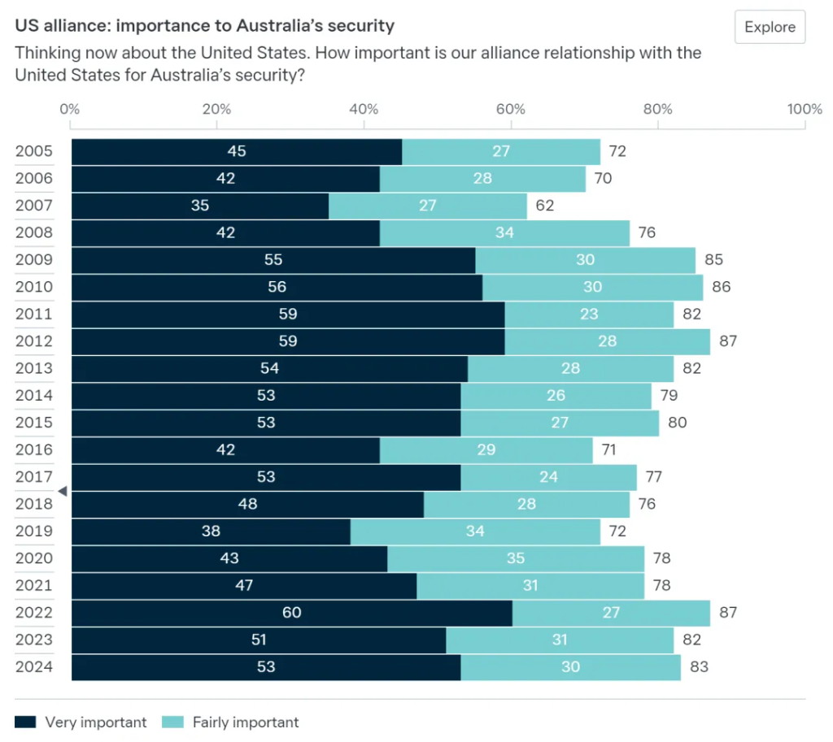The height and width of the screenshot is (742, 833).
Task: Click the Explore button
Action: [x=770, y=27]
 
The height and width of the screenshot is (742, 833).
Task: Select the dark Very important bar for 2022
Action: [x=292, y=613]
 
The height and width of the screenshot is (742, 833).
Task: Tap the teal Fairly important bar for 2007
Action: [x=428, y=206]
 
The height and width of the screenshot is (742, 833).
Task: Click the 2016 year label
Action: [x=34, y=450]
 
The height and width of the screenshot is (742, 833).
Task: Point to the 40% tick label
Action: [x=364, y=110]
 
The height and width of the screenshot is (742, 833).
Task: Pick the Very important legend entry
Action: [x=81, y=722]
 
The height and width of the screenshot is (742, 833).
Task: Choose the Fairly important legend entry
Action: [x=230, y=722]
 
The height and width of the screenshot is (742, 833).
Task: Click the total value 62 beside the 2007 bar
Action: [x=544, y=206]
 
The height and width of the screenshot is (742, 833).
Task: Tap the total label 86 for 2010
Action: [x=722, y=287]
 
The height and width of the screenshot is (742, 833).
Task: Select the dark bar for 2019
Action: [x=211, y=532]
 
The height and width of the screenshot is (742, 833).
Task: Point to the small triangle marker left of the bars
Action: [x=63, y=491]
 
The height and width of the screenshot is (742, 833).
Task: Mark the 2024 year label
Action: [x=34, y=667]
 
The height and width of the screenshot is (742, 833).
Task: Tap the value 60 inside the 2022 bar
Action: [x=292, y=613]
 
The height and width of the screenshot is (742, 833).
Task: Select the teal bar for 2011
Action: [x=589, y=315]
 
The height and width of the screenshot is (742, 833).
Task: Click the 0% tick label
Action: [x=70, y=110]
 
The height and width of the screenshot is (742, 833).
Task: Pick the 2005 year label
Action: [x=34, y=151]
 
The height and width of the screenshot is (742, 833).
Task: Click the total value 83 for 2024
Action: [x=699, y=667]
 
